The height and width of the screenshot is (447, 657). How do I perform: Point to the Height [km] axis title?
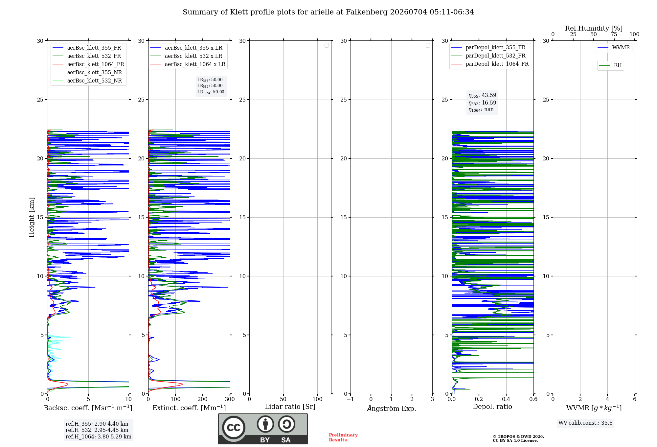(x=32, y=217)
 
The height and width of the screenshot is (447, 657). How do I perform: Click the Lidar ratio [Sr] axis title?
(x=290, y=407)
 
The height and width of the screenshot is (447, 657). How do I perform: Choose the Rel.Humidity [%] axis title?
(x=594, y=28)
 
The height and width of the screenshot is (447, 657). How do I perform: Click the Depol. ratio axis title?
(x=492, y=407)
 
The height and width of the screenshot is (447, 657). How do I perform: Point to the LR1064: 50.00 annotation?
(x=211, y=92)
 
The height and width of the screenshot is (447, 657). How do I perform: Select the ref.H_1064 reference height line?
(x=99, y=437)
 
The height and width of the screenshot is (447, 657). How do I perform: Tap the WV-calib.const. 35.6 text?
(x=585, y=423)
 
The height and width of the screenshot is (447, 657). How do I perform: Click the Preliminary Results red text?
(x=343, y=437)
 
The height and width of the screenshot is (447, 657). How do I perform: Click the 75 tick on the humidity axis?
(x=614, y=35)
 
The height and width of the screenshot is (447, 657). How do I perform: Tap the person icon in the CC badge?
(x=265, y=424)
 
